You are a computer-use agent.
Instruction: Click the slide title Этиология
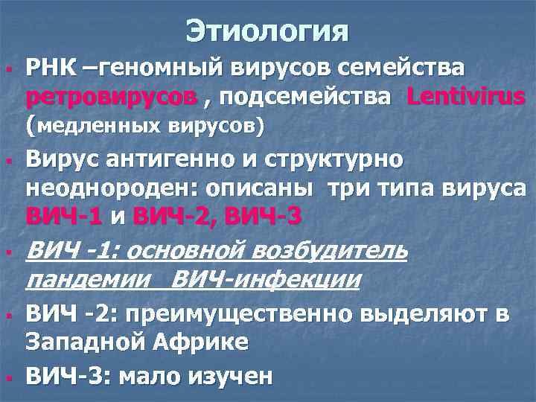point(268,31)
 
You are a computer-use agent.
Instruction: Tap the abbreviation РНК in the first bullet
point(50,68)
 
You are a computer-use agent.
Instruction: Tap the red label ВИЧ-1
point(63,217)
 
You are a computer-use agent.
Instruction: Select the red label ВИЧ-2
point(173,217)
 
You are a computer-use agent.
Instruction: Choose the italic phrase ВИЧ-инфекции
point(267,279)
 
